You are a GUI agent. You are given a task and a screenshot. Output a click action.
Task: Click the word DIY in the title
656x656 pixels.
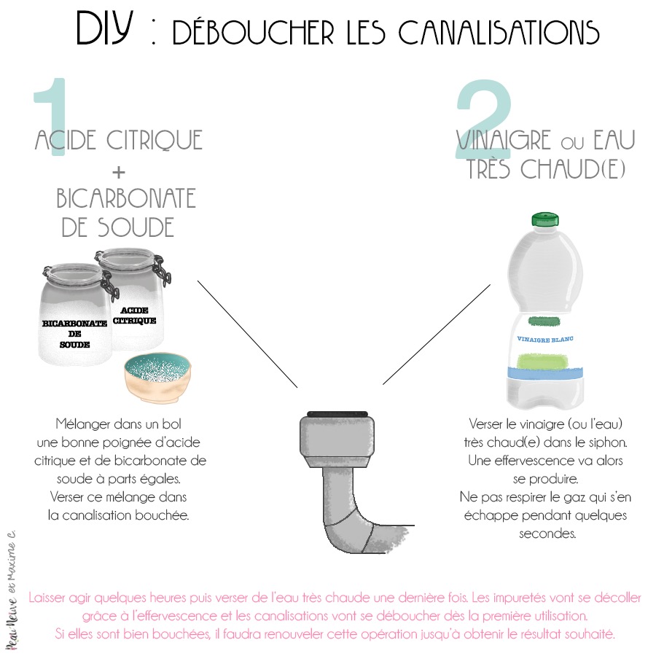coord(106,30)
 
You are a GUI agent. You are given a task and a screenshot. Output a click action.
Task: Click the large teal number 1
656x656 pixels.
coord(52,117)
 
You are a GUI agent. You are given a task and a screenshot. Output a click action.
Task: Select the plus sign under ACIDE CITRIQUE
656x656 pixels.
coord(118,171)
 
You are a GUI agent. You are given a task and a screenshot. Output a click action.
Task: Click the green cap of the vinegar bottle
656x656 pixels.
coord(544,219)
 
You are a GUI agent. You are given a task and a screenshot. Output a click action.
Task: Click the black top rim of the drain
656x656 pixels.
coord(336,414)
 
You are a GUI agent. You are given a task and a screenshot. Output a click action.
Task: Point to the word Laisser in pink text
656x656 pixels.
coord(50,598)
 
